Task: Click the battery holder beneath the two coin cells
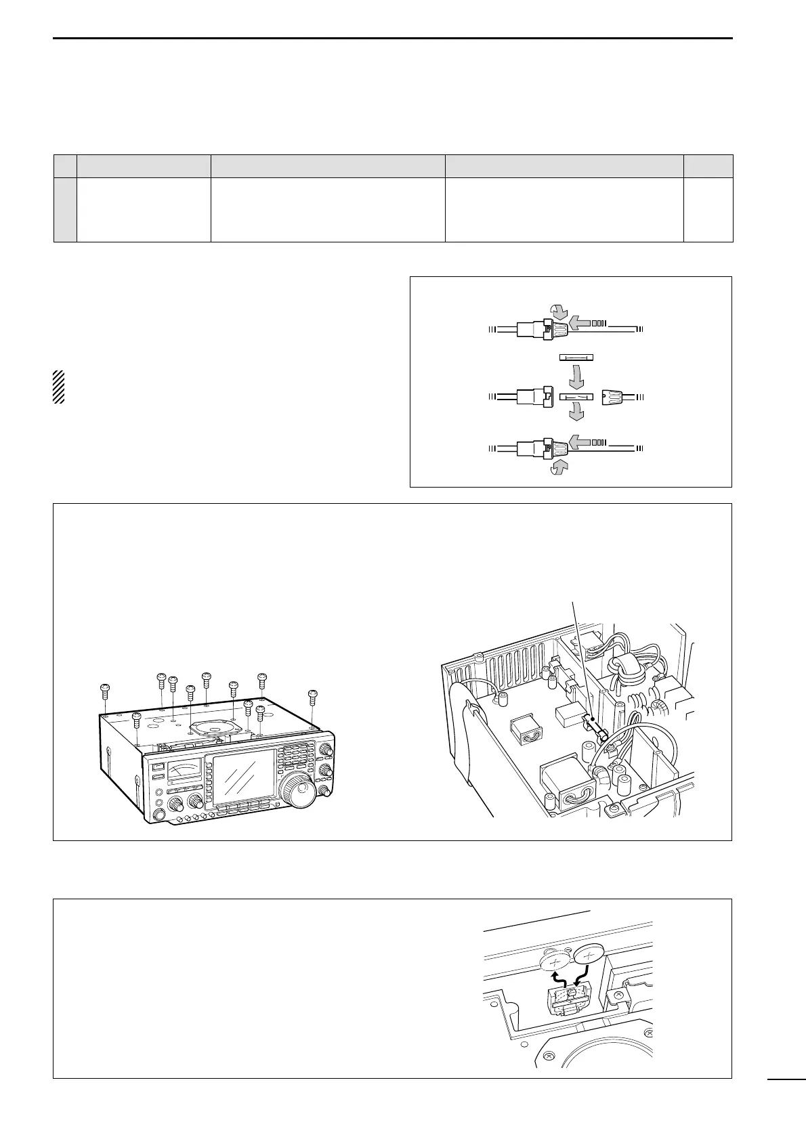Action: tap(568, 997)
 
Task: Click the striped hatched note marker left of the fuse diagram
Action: tap(58, 387)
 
